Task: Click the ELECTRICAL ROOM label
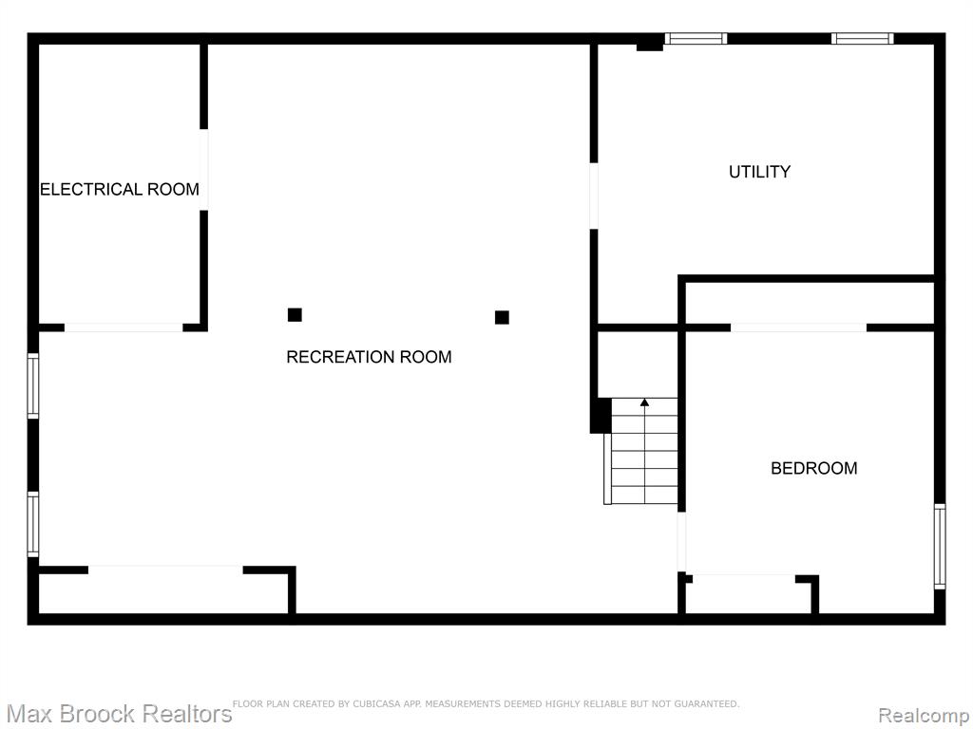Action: coord(120,189)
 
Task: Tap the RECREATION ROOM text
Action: coord(369,357)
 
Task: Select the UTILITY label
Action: coord(759,172)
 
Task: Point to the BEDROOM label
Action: coord(814,468)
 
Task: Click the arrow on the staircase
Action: coord(645,451)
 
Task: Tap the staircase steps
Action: coord(644,451)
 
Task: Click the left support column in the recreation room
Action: coord(295,315)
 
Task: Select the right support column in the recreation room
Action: coord(502,317)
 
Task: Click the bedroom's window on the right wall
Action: coord(940,546)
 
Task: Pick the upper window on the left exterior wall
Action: coord(33,385)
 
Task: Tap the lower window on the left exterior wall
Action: coord(33,524)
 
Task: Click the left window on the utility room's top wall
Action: coord(696,38)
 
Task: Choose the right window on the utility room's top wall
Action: coord(863,38)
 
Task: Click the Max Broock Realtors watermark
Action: coord(119,714)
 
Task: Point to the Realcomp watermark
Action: coord(924,716)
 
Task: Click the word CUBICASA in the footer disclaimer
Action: coord(376,703)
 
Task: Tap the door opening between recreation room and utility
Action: coord(594,196)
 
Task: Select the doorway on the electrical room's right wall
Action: coord(203,170)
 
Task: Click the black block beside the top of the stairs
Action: coord(601,416)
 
